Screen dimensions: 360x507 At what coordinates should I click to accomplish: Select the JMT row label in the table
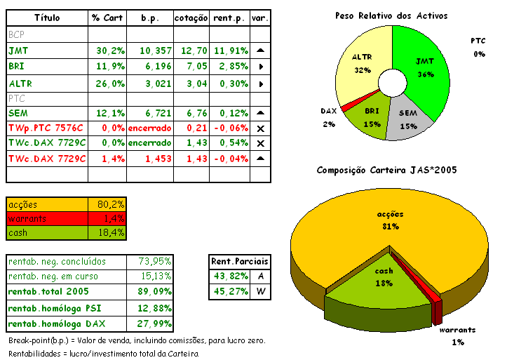point(18,51)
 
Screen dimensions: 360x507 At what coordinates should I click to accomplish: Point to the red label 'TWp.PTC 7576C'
point(46,128)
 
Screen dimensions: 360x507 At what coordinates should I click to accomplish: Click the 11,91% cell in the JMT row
point(230,51)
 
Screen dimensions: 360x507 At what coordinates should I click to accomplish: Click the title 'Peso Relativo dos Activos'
point(391,15)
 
